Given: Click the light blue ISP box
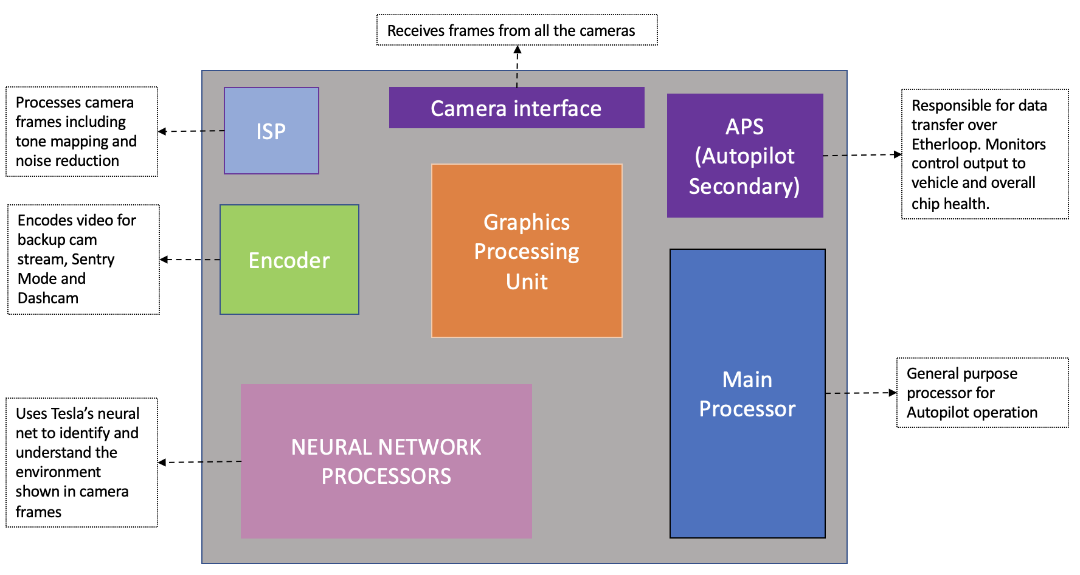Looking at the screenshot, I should pyautogui.click(x=271, y=131).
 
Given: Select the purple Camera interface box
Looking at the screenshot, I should pyautogui.click(x=516, y=108).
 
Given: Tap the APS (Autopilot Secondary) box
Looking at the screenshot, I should pyautogui.click(x=745, y=156).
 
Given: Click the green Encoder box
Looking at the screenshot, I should pyautogui.click(x=289, y=260).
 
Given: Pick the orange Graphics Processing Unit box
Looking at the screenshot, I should pyautogui.click(x=527, y=250).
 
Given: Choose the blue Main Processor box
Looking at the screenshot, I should pyautogui.click(x=747, y=393).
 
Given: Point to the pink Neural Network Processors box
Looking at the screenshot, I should pyautogui.click(x=386, y=461).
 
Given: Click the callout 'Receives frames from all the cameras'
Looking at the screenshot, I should pyautogui.click(x=517, y=30).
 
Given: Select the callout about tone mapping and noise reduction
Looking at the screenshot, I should pyautogui.click(x=81, y=131).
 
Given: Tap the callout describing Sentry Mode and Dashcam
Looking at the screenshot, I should pyautogui.click(x=83, y=259).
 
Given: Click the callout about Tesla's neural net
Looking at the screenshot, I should pyautogui.click(x=81, y=462).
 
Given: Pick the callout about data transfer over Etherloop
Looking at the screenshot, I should pyautogui.click(x=985, y=154).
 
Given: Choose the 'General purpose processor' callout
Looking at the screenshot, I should pyautogui.click(x=982, y=393).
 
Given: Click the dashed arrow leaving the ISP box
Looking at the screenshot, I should pyautogui.click(x=191, y=131).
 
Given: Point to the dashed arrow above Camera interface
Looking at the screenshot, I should pyautogui.click(x=517, y=66).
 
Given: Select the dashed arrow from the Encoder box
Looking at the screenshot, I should pyautogui.click(x=190, y=260).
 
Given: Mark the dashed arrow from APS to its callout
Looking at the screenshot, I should pyautogui.click(x=862, y=155).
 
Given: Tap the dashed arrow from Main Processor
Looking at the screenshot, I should pyautogui.click(x=861, y=393).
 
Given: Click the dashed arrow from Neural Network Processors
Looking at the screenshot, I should pyautogui.click(x=199, y=462).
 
